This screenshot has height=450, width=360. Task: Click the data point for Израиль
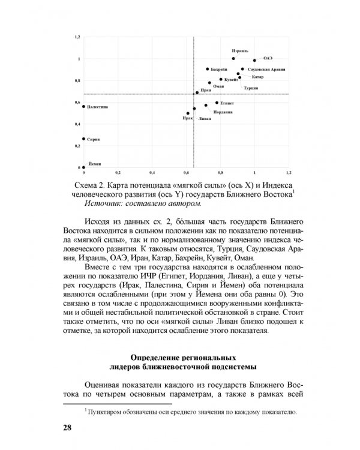click(x=233, y=59)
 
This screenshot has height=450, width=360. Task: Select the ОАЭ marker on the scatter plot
click(x=254, y=60)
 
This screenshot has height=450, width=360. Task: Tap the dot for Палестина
click(x=84, y=106)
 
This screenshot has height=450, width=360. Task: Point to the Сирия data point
click(x=84, y=139)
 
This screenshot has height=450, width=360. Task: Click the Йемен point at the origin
click(x=84, y=168)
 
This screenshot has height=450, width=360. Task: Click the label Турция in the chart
click(x=251, y=88)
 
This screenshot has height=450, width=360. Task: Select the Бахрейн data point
click(x=208, y=69)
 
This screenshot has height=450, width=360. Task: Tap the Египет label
click(x=226, y=103)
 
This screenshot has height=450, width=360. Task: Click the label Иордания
click(x=223, y=112)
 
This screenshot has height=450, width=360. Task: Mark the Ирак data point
click(x=188, y=113)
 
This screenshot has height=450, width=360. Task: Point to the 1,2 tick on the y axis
click(x=77, y=37)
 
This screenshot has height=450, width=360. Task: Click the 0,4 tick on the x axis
click(x=152, y=173)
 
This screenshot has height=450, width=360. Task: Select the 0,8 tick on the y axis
click(x=77, y=80)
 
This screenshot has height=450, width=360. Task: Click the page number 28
click(x=68, y=427)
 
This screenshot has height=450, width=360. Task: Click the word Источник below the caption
click(x=105, y=203)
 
